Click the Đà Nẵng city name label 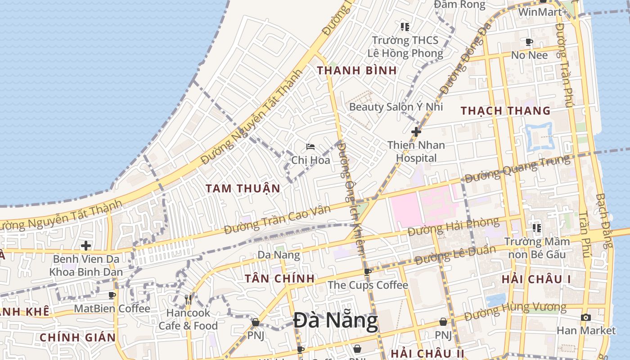coord(336,321)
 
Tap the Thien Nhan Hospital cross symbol coord(416,132)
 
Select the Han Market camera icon coord(585,317)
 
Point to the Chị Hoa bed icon coord(310,147)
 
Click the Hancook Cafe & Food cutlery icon coord(188,299)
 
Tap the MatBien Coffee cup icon coord(112,295)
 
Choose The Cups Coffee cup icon coord(368,272)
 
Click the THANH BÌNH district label coord(357,71)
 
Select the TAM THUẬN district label coord(243,189)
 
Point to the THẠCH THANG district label coord(505,111)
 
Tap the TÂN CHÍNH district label coord(279,279)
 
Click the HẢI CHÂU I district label coord(536,279)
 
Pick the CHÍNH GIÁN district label coord(77,337)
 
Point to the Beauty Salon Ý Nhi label coord(396,107)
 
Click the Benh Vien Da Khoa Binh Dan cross coord(86,246)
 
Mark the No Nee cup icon coord(529,42)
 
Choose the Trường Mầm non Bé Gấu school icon coord(536,228)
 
